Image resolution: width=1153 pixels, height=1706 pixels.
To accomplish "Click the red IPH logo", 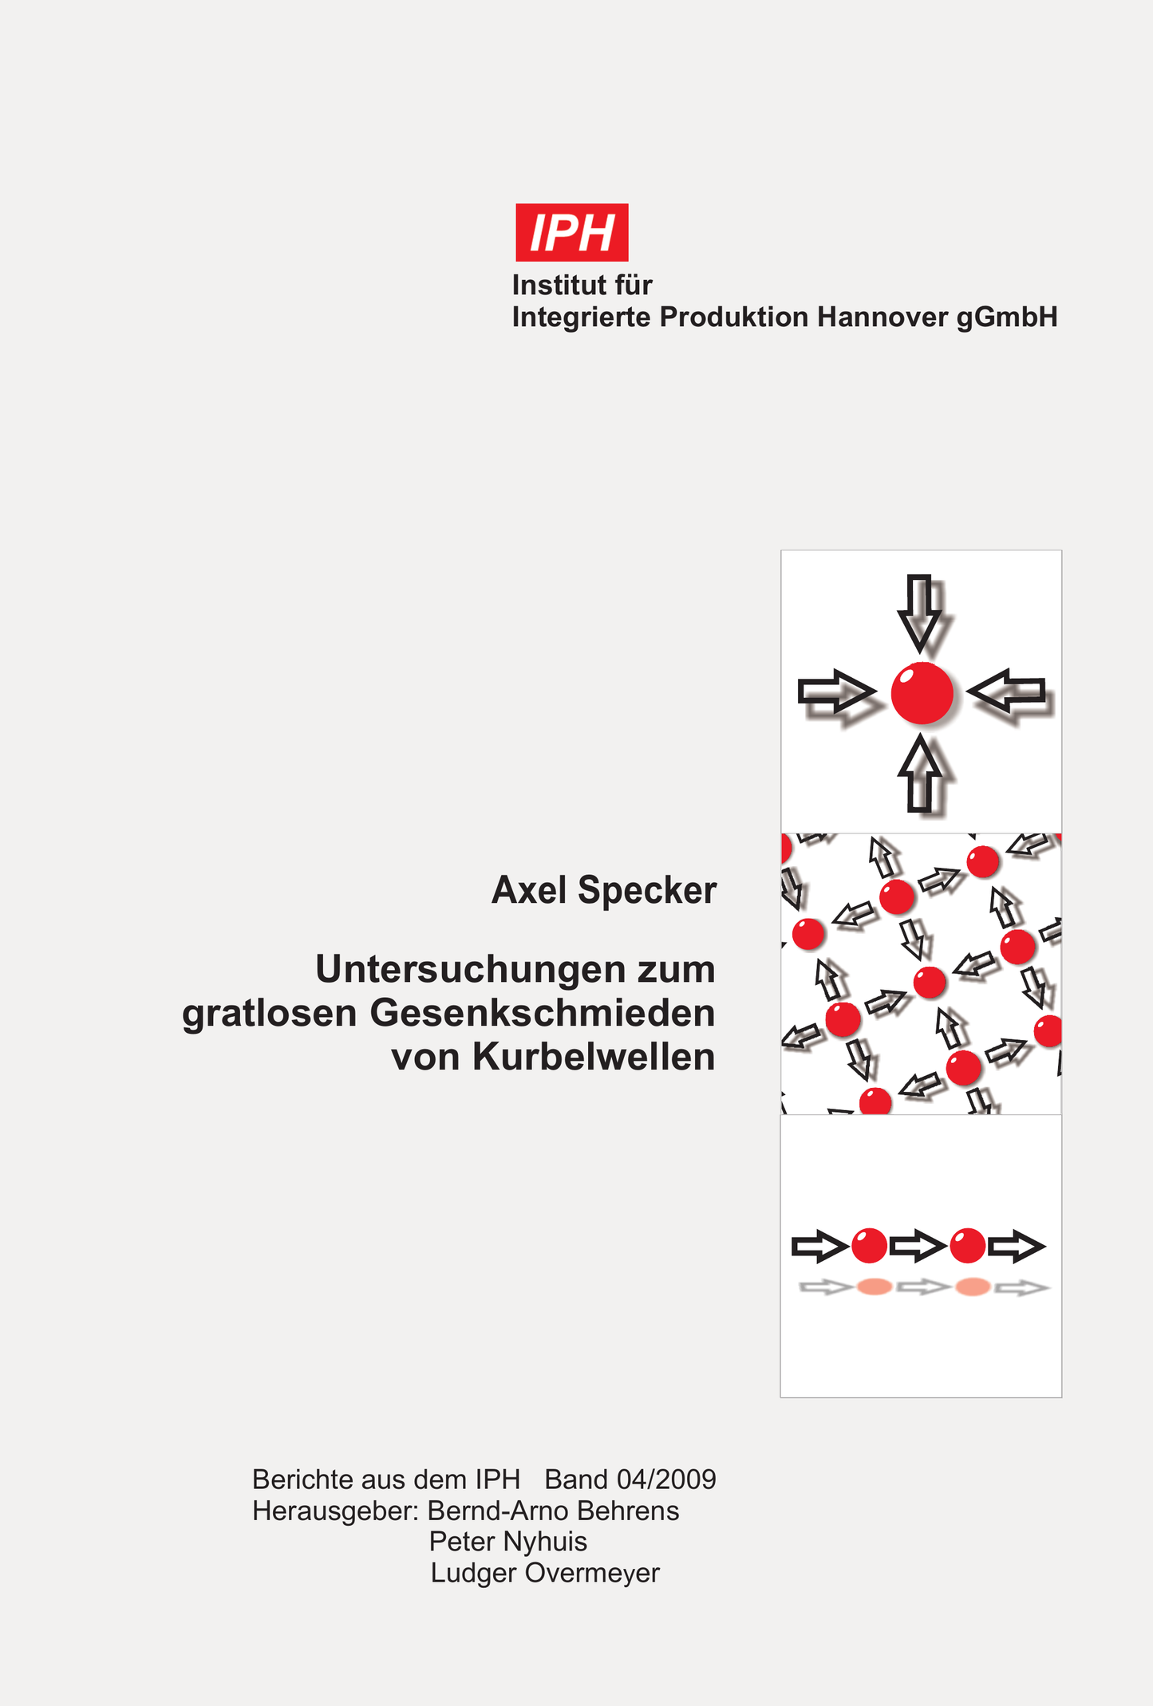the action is [572, 232].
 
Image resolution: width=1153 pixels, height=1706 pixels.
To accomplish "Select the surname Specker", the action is [647, 891].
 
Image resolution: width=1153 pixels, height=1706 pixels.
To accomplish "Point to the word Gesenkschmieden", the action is [543, 1014].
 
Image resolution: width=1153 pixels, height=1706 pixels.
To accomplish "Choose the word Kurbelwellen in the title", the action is [594, 1057].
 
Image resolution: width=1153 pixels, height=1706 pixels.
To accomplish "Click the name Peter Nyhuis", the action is [508, 1542].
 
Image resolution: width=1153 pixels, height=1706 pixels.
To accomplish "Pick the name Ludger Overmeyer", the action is [545, 1574].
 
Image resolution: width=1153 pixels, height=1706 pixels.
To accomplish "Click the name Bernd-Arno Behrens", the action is [554, 1511].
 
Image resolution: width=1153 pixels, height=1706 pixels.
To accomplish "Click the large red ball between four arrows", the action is [922, 693].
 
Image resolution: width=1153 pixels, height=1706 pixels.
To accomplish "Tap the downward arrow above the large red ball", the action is [920, 613].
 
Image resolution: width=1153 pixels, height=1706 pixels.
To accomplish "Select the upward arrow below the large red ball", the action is [921, 774].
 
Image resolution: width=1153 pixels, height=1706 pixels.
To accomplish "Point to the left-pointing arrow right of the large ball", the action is [1006, 691].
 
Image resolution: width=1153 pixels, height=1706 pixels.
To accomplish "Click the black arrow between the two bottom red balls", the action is [918, 1246].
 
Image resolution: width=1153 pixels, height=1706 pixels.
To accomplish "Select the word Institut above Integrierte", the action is [555, 285].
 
